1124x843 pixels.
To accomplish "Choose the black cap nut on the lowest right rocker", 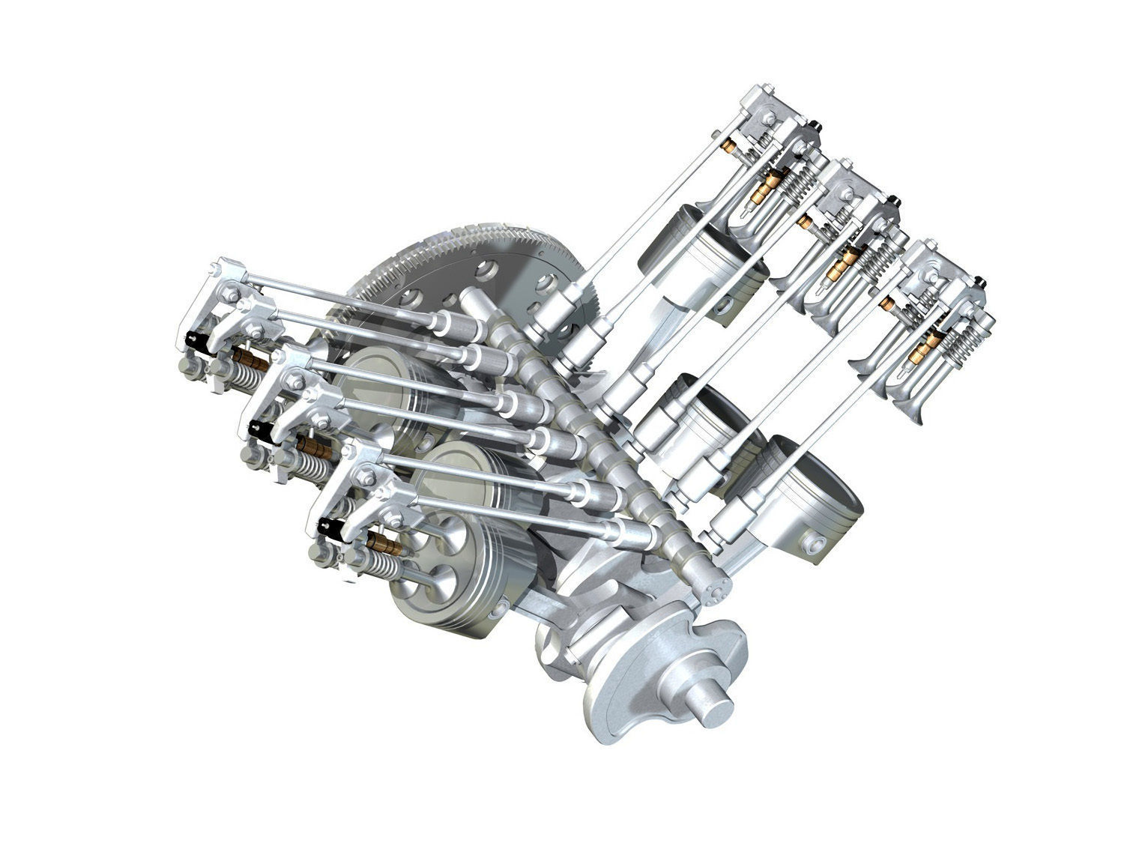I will point(980,280).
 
